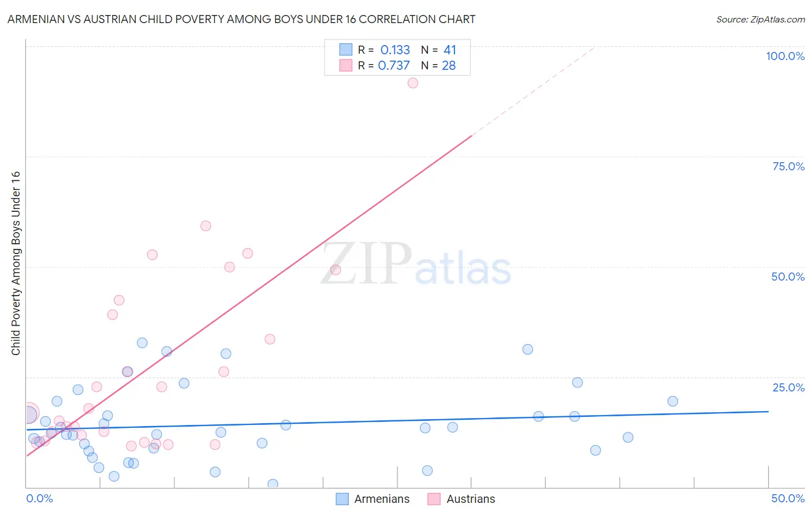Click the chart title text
[x=241, y=19]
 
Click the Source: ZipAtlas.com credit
[x=760, y=19]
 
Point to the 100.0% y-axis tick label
[x=785, y=56]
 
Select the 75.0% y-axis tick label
[x=788, y=166]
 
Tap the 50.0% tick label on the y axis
[x=788, y=277]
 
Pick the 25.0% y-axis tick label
[x=788, y=387]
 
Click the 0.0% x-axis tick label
[x=40, y=498]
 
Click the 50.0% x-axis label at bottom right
[x=788, y=498]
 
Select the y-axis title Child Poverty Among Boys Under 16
[x=16, y=263]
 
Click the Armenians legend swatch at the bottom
[x=342, y=499]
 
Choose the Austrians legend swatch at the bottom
[x=434, y=499]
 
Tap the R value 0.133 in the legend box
[x=395, y=50]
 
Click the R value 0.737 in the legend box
[x=394, y=66]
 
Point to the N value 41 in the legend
[x=450, y=50]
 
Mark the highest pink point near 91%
[x=412, y=83]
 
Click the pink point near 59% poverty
[x=206, y=226]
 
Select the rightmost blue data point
[x=672, y=401]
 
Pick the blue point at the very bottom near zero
[x=273, y=484]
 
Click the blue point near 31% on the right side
[x=527, y=349]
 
